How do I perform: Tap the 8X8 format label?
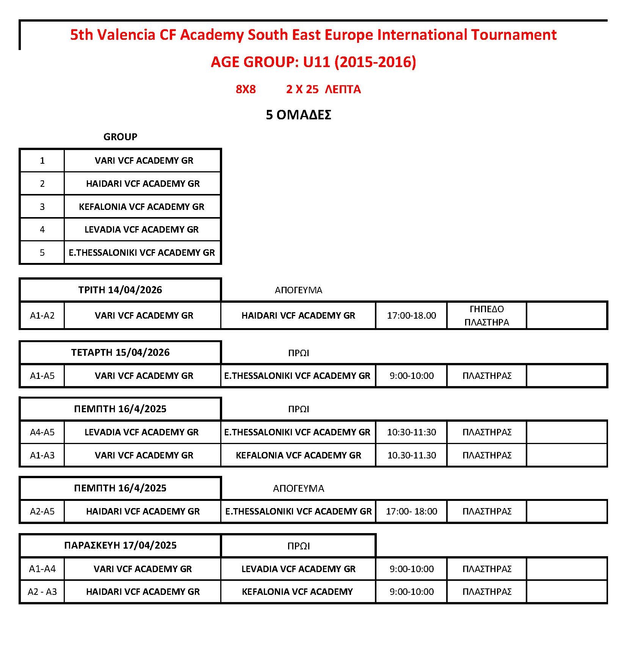click(x=246, y=89)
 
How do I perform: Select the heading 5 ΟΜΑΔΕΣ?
click(x=298, y=115)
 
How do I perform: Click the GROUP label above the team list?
click(x=120, y=137)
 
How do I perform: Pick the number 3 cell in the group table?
click(x=42, y=207)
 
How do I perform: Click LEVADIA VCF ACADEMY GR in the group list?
click(x=141, y=230)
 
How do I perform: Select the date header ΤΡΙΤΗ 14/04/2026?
click(x=120, y=290)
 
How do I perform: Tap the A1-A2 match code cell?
click(x=42, y=316)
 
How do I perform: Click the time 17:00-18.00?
click(x=411, y=316)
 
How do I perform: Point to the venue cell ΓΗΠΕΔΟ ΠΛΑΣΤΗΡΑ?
click(x=487, y=316)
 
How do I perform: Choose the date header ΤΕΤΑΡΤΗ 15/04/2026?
click(x=120, y=353)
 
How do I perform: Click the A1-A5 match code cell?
click(x=42, y=376)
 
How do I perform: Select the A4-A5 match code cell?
click(x=42, y=432)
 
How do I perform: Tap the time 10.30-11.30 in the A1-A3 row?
click(x=411, y=455)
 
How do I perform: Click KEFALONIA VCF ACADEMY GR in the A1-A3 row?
click(x=298, y=455)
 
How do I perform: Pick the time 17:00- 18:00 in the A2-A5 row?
click(x=411, y=511)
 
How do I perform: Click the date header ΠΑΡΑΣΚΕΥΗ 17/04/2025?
click(x=120, y=546)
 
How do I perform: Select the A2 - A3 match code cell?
click(x=42, y=592)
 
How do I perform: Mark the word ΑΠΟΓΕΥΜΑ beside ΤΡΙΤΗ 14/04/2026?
click(x=298, y=291)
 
